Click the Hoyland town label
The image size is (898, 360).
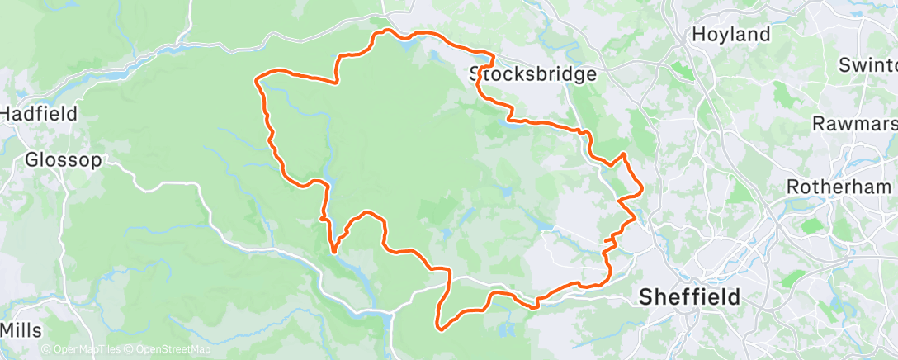[731, 35]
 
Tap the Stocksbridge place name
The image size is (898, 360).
[533, 74]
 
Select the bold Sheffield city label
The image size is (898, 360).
[690, 296]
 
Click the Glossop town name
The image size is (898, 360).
[64, 159]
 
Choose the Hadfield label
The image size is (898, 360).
[39, 113]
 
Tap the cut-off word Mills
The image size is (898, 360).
[21, 330]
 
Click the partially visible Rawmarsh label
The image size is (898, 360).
[855, 124]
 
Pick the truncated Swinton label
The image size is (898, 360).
[867, 64]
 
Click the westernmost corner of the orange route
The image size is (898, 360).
[257, 80]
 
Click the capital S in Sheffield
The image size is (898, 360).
[646, 296]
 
